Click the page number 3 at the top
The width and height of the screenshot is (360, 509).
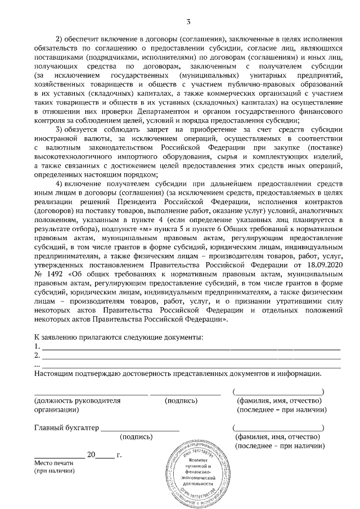pos(188,22)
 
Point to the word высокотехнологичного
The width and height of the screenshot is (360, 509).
pos(75,156)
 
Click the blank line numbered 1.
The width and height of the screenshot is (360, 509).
pos(191,348)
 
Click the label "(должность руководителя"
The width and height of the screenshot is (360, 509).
pos(78,401)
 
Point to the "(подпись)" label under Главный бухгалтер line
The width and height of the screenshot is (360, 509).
pos(137,437)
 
